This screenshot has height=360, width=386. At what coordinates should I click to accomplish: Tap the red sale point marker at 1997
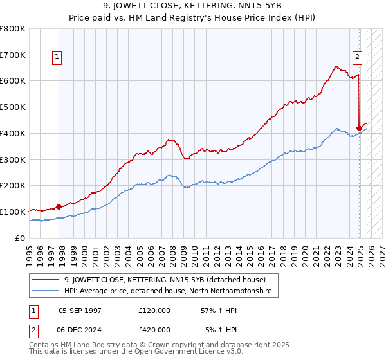[59, 206]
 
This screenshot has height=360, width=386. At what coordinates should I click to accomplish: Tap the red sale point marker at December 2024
[359, 128]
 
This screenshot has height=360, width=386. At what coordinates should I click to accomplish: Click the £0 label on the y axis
[21, 238]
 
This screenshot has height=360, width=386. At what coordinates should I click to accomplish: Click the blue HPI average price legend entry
[168, 291]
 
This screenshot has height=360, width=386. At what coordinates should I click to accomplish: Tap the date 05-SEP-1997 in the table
[80, 310]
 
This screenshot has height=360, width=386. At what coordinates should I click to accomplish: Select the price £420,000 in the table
[154, 329]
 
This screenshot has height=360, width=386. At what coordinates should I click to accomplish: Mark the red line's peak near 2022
[336, 66]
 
